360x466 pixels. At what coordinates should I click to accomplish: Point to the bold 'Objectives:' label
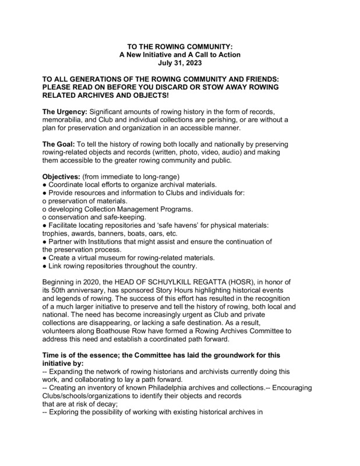coord(62,176)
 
